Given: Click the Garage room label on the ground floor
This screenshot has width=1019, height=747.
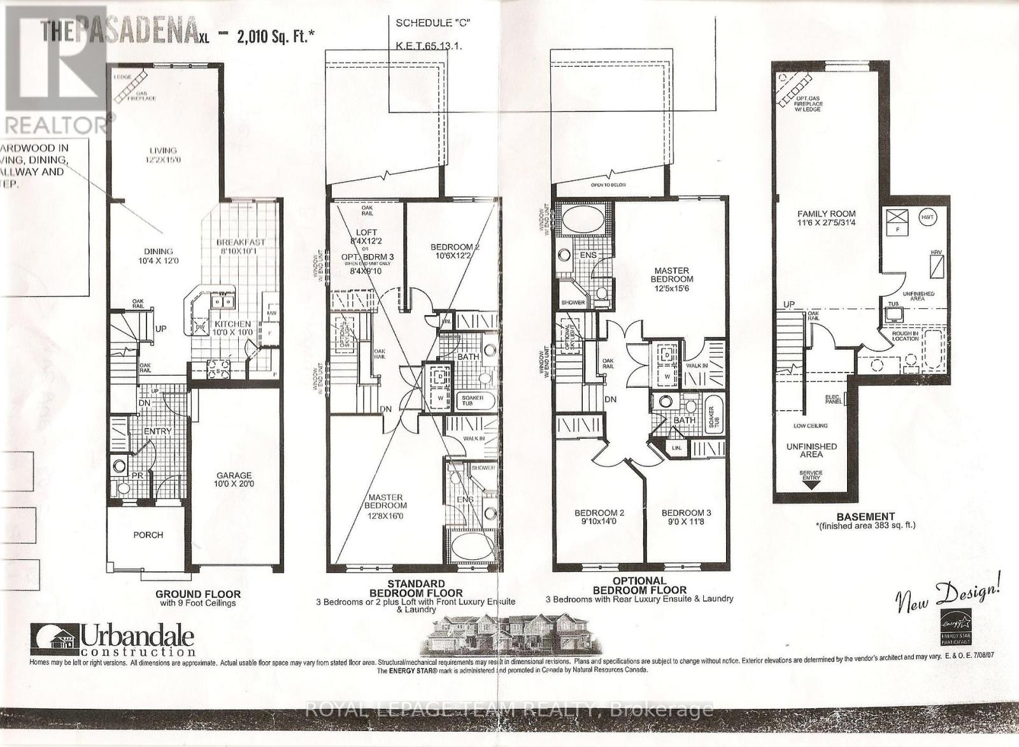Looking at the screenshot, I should click(234, 475).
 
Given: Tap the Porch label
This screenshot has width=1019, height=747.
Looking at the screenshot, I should click(148, 534).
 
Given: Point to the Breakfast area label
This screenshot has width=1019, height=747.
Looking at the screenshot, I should click(240, 242).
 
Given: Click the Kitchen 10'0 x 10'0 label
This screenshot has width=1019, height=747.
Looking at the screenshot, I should click(227, 329).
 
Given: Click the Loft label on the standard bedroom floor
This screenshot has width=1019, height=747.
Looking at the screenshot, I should click(366, 232).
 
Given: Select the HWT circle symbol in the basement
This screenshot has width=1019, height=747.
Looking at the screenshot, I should click(927, 217).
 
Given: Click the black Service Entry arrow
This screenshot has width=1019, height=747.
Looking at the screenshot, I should click(811, 483).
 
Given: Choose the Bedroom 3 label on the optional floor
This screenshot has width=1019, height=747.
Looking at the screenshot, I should click(686, 513).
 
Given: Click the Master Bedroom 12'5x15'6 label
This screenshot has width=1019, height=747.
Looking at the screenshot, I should click(672, 279).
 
